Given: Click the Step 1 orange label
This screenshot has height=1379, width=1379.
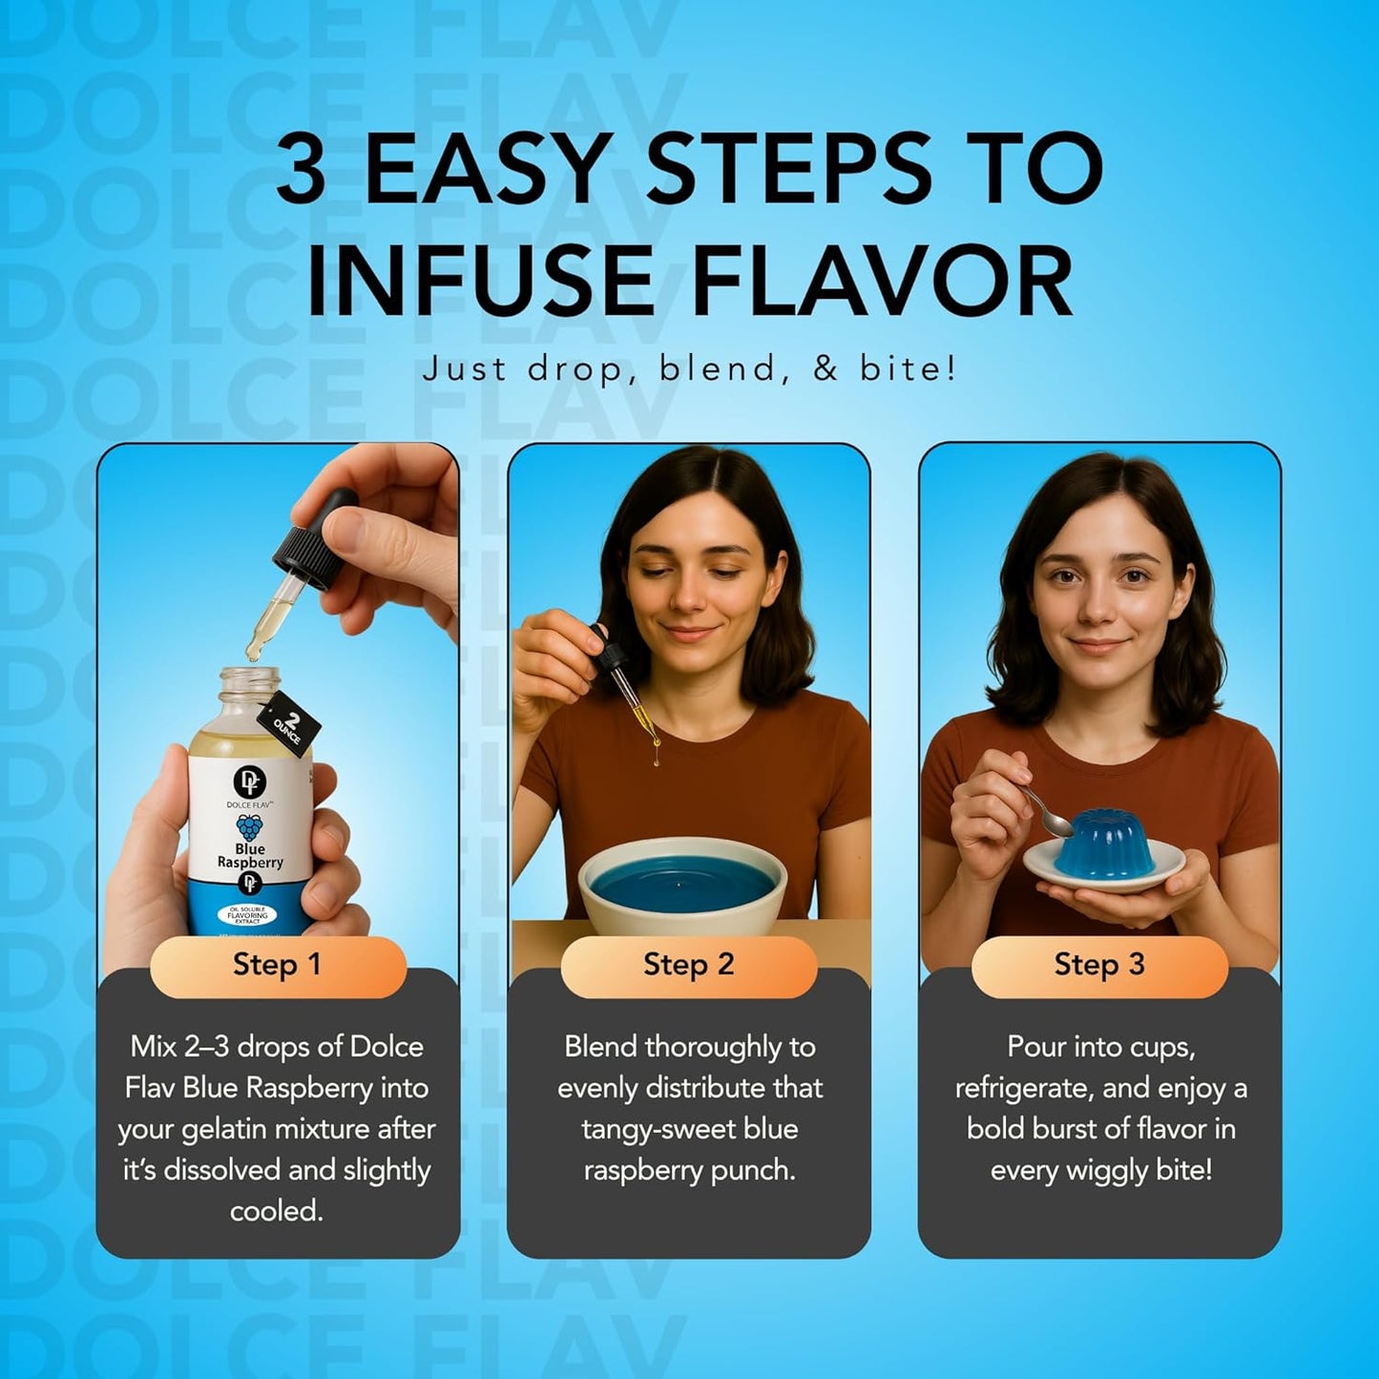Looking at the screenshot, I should tap(277, 965).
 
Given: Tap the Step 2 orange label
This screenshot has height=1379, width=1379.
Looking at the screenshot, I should tap(688, 965).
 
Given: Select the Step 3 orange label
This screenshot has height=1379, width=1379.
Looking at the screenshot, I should tap(1098, 965).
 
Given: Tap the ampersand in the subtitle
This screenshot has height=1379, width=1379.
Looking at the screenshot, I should tap(825, 369).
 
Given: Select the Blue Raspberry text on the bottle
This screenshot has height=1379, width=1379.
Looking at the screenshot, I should tap(250, 856).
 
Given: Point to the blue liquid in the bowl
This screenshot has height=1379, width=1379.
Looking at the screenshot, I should tap(682, 887).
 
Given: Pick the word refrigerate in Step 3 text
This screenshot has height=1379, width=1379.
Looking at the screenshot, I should tap(1026, 1088).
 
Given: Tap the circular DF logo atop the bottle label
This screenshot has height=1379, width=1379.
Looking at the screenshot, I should tap(250, 782).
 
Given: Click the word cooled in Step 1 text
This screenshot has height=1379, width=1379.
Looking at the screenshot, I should tap(277, 1211).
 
